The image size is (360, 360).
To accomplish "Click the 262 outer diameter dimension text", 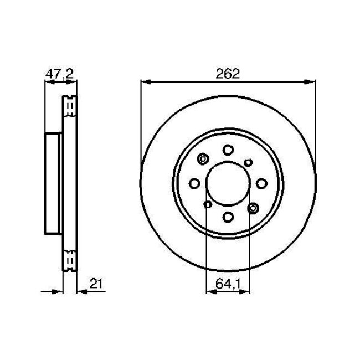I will (x=228, y=73).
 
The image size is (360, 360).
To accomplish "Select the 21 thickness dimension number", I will (x=97, y=285).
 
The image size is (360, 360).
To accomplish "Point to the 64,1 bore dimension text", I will (x=228, y=285).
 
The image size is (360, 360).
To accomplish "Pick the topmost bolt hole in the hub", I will (x=228, y=150).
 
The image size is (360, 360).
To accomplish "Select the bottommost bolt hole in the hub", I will (x=228, y=217).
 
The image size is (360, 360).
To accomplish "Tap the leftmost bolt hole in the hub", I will (x=194, y=183).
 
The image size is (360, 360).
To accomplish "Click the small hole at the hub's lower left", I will (x=207, y=205).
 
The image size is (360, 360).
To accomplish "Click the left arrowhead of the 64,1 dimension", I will (x=209, y=291).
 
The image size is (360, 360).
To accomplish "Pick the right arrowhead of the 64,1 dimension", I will (x=247, y=291).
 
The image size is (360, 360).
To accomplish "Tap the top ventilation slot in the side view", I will (x=70, y=106).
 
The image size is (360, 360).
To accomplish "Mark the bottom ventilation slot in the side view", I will (x=70, y=260).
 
